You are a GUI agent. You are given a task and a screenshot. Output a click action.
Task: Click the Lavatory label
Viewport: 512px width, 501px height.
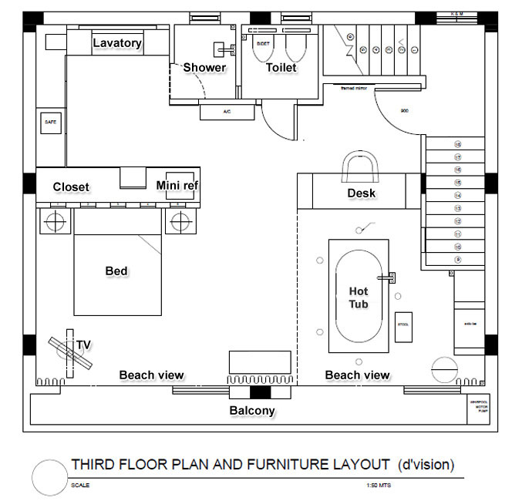pyautogui.click(x=117, y=43)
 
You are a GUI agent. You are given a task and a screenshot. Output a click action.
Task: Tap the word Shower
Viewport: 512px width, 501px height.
pyautogui.click(x=204, y=68)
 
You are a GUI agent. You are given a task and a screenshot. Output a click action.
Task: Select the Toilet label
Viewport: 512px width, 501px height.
pyautogui.click(x=281, y=68)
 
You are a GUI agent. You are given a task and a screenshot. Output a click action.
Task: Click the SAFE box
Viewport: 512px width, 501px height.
pyautogui.click(x=51, y=123)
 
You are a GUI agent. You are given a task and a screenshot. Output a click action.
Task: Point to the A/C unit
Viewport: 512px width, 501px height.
pyautogui.click(x=227, y=113)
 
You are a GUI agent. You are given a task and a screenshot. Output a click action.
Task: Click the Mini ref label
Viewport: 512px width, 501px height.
pyautogui.click(x=178, y=186)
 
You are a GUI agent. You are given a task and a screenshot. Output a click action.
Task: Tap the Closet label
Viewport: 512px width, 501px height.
pyautogui.click(x=71, y=187)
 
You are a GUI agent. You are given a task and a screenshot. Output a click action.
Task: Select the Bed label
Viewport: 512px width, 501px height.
pyautogui.click(x=116, y=271)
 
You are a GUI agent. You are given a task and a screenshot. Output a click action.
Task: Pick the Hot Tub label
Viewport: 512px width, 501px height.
pyautogui.click(x=359, y=298)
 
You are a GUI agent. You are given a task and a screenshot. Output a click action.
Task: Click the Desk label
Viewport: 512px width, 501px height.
pyautogui.click(x=361, y=193)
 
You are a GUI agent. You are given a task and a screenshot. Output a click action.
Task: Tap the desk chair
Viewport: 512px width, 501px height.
pyautogui.click(x=361, y=164)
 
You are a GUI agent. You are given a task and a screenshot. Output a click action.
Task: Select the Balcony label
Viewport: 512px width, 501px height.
pyautogui.click(x=252, y=411)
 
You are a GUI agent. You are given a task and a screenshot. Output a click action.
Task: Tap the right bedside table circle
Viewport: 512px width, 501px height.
pyautogui.click(x=180, y=222)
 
